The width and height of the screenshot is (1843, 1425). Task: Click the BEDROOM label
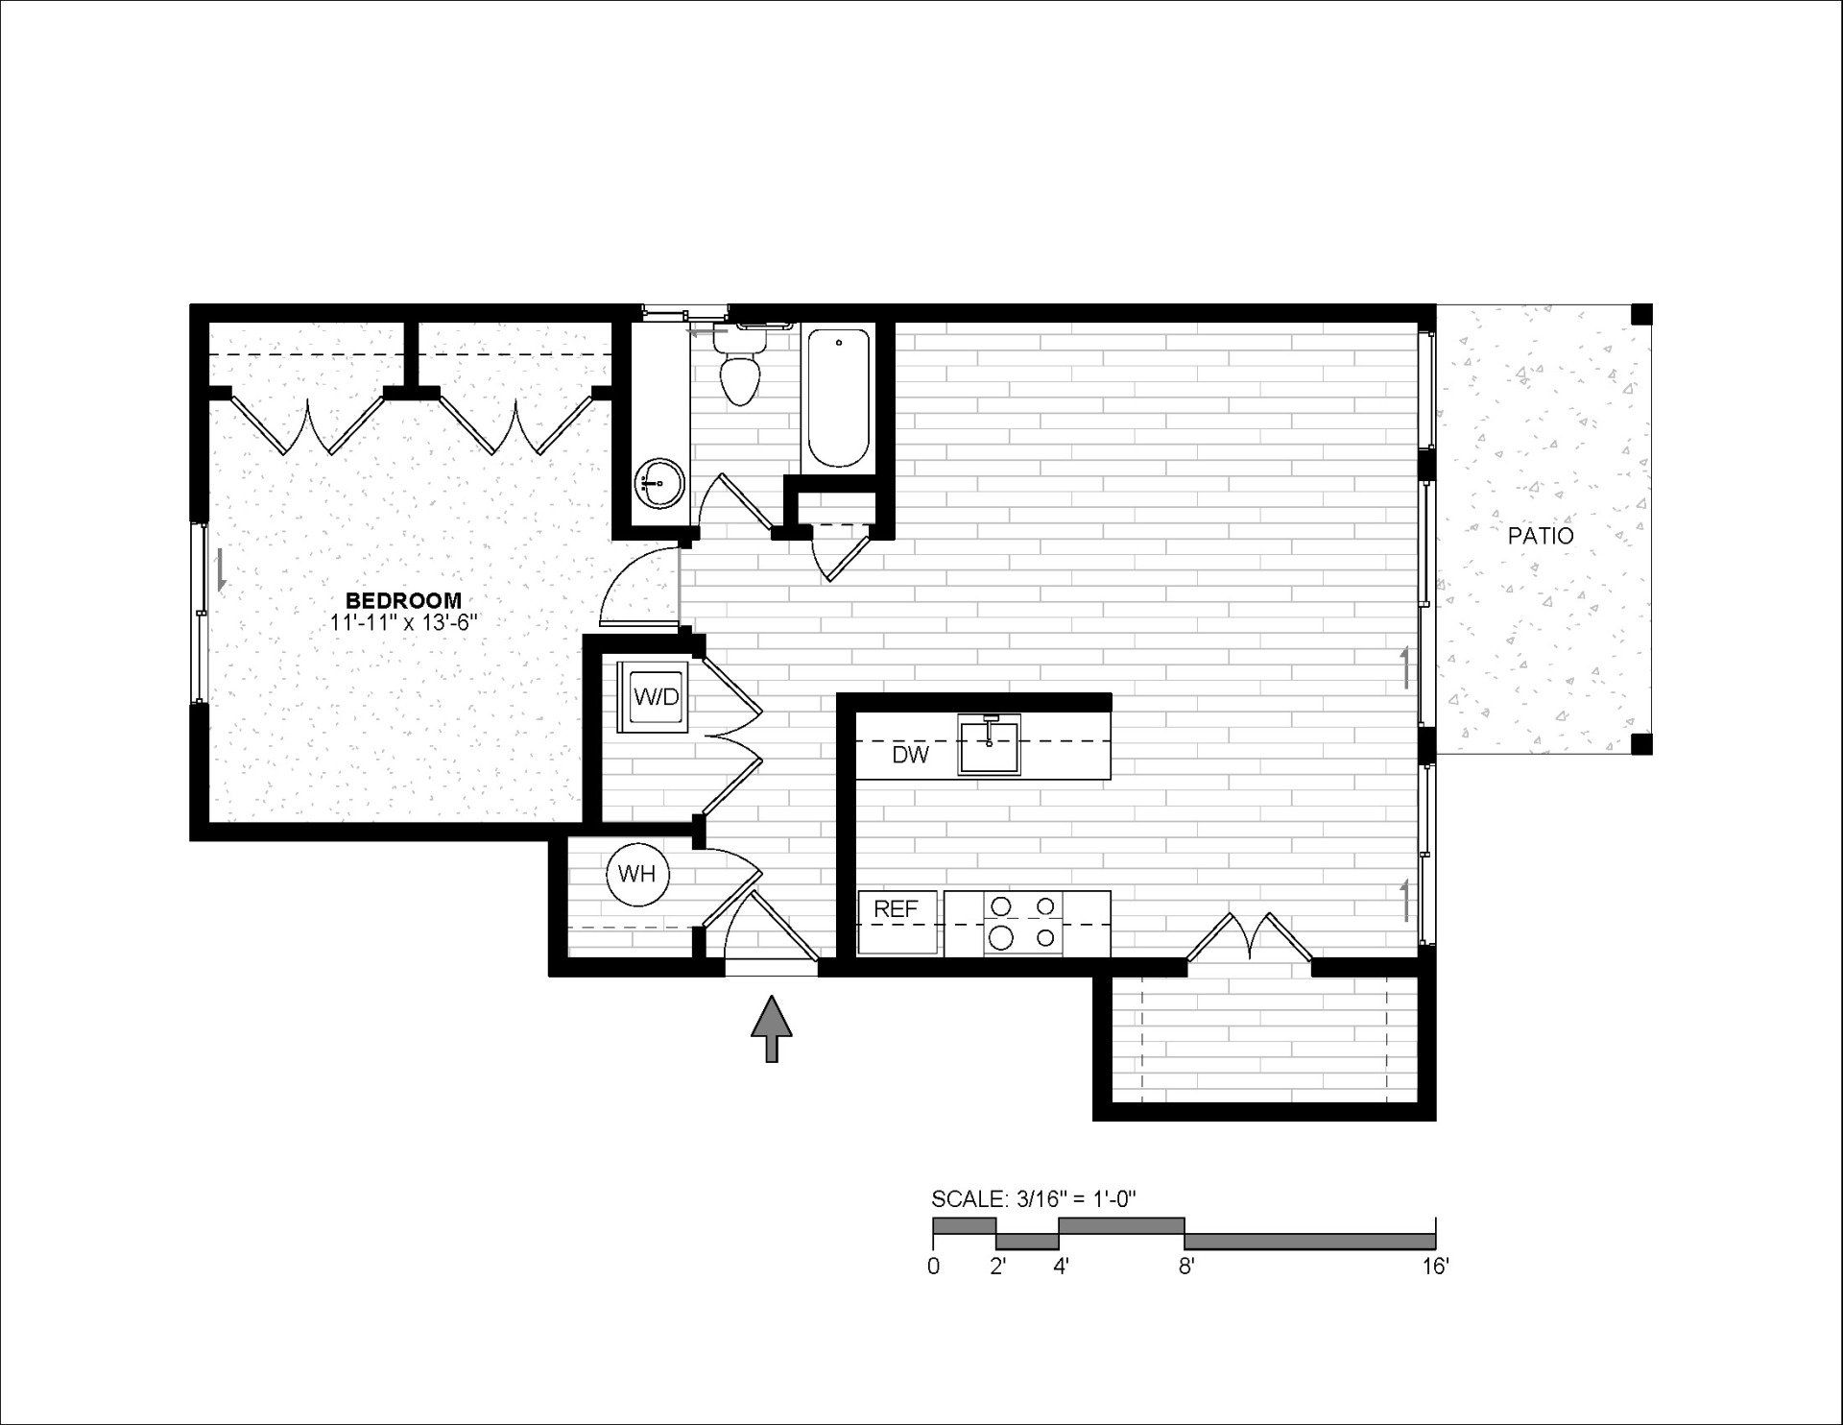tap(403, 601)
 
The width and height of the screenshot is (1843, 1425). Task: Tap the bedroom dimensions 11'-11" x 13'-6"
tap(403, 622)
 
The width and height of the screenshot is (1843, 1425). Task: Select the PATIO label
tap(1541, 536)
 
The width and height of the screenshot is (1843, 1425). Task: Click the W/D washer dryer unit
tap(657, 696)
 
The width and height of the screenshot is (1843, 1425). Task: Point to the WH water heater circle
tap(637, 874)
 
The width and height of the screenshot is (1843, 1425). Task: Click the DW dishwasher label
tap(910, 755)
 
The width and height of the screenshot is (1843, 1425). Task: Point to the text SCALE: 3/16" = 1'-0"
tap(1034, 1199)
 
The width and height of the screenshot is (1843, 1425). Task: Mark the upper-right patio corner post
tap(1641, 314)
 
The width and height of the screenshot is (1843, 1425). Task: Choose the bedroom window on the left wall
tap(201, 613)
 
